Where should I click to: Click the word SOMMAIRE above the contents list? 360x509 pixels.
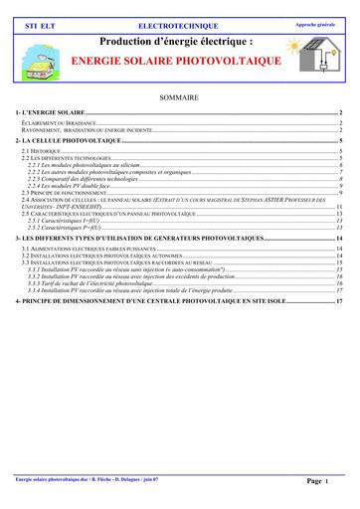[180, 97]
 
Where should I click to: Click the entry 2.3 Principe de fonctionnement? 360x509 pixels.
[64, 192]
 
